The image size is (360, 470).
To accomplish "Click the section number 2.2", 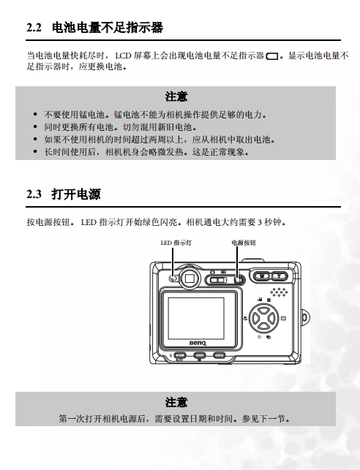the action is point(34,28).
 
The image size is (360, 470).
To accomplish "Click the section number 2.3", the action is point(34,194).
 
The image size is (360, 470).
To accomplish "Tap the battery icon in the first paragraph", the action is point(272,56).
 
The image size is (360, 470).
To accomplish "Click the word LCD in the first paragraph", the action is point(124,56).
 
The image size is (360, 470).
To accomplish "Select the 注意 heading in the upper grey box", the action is point(176,96).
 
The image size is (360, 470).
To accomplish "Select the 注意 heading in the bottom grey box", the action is point(176,402).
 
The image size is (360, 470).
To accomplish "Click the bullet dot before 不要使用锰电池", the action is point(35,115).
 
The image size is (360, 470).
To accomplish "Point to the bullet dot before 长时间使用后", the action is point(35,152).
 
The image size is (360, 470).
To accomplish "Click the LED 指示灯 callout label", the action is point(176,243).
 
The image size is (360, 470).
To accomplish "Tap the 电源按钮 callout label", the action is point(244,243).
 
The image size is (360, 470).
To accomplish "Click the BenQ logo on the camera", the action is point(198,343).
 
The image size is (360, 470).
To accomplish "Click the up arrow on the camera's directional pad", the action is point(263,310).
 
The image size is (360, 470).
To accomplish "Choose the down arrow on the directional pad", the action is point(263,326).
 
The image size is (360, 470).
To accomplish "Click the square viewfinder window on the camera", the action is point(190,278).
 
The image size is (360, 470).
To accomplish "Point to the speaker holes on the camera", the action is point(279,292).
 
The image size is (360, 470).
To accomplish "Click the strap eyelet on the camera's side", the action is point(305,318).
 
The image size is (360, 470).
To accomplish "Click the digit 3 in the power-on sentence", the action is point(260,222).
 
